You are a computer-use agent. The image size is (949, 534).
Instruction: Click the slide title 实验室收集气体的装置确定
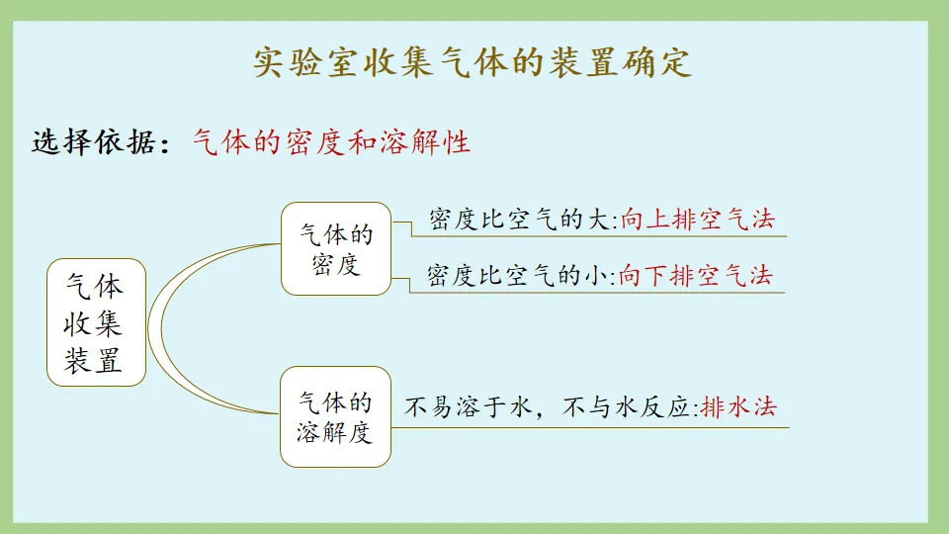(473, 62)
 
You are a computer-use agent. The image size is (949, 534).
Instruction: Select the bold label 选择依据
(94, 142)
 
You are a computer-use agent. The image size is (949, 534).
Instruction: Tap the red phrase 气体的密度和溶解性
(331, 142)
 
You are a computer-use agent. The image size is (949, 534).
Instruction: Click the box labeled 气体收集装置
(96, 322)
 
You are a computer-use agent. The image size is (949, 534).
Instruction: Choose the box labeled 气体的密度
(335, 248)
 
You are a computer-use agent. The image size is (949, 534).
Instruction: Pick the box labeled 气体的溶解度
(335, 416)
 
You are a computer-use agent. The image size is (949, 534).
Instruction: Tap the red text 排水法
(738, 407)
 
